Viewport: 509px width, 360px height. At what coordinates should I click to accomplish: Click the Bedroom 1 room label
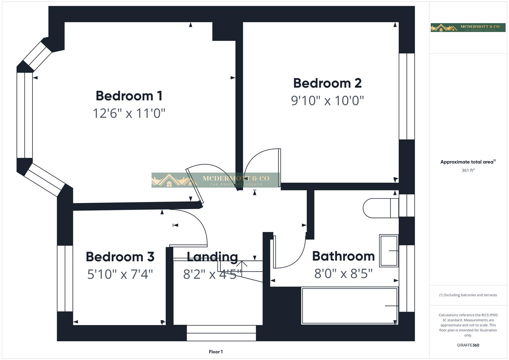(129, 96)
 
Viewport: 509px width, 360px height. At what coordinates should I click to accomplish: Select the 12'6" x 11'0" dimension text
(129, 113)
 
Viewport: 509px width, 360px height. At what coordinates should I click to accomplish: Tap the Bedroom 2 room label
(327, 83)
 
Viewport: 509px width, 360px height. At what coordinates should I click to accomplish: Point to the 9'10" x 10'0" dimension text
(327, 100)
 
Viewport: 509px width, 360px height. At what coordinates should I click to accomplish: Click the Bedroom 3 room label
(120, 257)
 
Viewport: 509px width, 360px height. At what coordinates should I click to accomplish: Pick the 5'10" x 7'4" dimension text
(120, 274)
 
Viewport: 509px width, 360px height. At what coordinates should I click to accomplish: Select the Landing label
(212, 257)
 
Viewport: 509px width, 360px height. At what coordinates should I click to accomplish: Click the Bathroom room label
(343, 256)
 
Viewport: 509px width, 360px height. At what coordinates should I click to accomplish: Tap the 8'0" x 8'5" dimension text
(343, 274)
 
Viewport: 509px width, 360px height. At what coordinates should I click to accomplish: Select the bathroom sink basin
(389, 251)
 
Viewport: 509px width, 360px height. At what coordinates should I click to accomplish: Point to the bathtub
(349, 306)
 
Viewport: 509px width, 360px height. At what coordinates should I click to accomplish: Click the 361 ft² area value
(468, 170)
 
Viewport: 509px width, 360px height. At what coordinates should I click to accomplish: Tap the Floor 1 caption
(216, 352)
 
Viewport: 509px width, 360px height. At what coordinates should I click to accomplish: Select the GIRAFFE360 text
(468, 345)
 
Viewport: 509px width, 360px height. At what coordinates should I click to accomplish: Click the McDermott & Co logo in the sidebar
(468, 28)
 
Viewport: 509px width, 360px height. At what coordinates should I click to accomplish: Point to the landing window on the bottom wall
(221, 333)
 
